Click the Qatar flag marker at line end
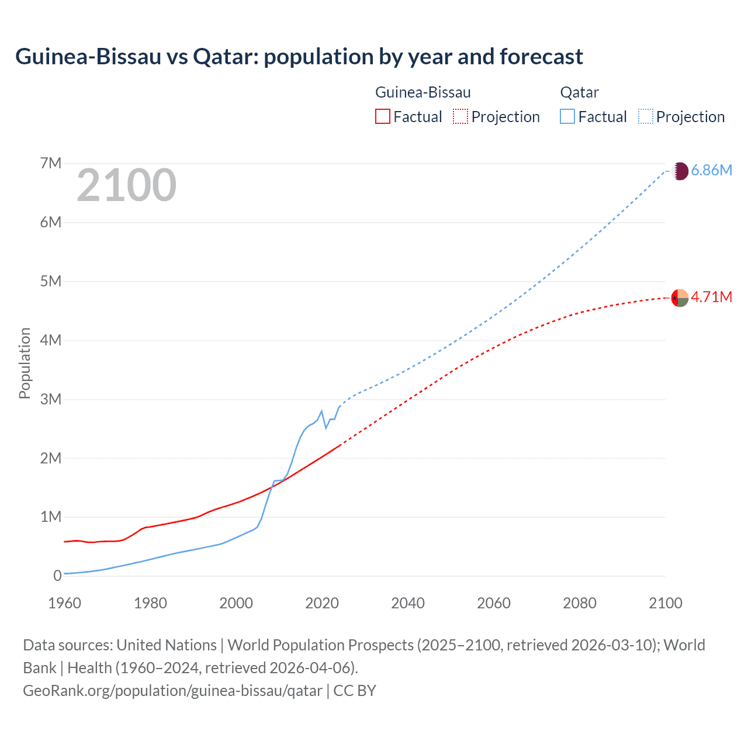[x=680, y=171]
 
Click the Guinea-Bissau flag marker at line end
[x=680, y=298]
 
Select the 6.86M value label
[x=711, y=171]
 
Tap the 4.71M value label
[x=711, y=297]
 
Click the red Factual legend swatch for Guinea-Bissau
[x=382, y=117]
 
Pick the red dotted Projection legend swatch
[x=460, y=117]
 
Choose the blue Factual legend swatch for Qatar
[x=567, y=117]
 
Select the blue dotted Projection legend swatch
[x=646, y=117]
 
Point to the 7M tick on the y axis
[x=51, y=164]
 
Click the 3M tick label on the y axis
[x=51, y=400]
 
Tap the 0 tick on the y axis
[x=57, y=576]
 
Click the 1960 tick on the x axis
[x=64, y=603]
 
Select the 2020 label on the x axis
[x=322, y=603]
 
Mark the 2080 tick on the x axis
[x=580, y=603]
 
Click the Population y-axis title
[x=25, y=363]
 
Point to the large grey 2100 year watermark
[x=126, y=186]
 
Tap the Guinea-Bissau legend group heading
[x=423, y=93]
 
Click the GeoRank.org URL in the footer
[x=172, y=691]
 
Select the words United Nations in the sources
[x=167, y=645]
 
